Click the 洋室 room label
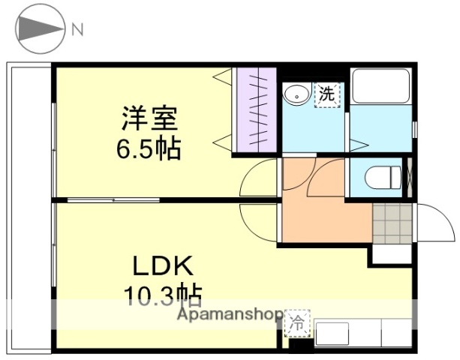click(x=150, y=120)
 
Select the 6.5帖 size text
click(x=148, y=148)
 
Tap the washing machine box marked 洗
click(x=326, y=94)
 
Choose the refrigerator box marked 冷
click(x=297, y=325)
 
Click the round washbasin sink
click(x=296, y=94)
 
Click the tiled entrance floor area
click(x=392, y=223)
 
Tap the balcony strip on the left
click(x=29, y=206)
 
